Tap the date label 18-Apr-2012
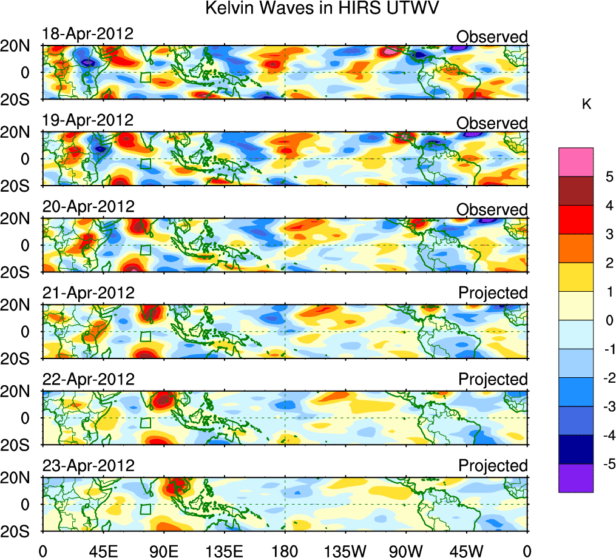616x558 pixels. [x=87, y=33]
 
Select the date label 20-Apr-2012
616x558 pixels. [x=87, y=206]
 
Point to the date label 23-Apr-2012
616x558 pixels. [x=87, y=466]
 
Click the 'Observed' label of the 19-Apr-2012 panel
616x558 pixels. [x=492, y=123]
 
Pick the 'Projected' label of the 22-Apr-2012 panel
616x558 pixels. [x=493, y=380]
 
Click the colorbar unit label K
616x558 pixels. [x=587, y=104]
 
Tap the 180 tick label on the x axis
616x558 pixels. [x=285, y=551]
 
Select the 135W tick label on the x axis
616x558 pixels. [x=345, y=551]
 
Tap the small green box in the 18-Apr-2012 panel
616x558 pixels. [x=145, y=77]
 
